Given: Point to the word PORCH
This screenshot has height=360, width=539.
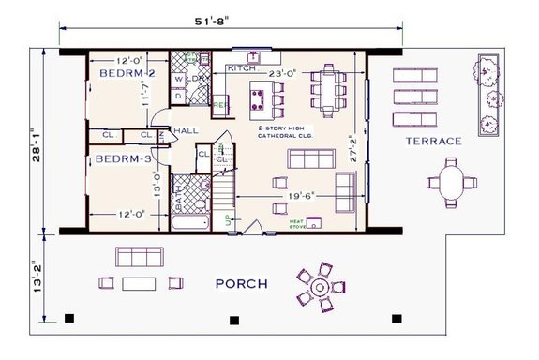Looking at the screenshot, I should click(241, 283).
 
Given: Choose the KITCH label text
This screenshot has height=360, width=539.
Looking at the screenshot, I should click(242, 68).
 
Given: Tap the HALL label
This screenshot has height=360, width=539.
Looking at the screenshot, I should click(185, 131).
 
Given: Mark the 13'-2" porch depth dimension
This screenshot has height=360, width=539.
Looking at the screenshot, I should click(32, 277).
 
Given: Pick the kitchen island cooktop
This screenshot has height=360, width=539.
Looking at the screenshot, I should click(263, 95).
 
